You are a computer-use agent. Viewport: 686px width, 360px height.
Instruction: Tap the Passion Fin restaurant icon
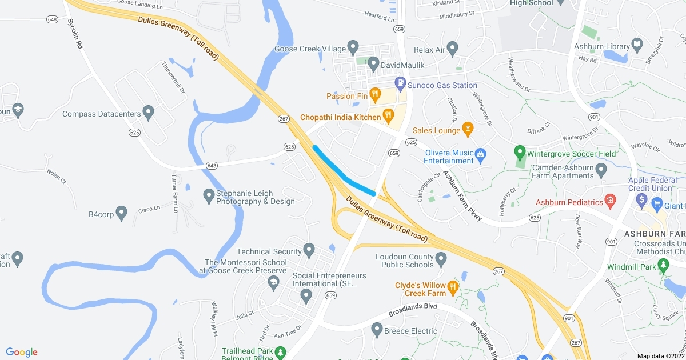(375, 94)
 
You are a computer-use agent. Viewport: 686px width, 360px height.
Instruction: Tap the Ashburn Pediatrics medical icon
(611, 201)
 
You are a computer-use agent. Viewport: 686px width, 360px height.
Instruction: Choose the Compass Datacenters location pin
(149, 113)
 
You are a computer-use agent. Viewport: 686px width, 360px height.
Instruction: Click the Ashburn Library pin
(636, 45)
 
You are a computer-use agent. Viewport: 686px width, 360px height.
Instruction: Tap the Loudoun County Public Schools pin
(441, 260)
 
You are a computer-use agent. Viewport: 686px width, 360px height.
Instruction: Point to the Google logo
(22, 352)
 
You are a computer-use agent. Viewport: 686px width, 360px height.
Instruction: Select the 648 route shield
(53, 19)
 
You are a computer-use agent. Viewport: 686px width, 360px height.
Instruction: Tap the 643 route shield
(212, 166)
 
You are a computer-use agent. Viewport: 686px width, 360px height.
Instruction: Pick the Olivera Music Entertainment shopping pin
(481, 154)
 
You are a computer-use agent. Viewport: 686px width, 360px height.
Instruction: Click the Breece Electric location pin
(377, 330)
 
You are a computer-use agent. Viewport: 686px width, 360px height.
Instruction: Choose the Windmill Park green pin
(663, 265)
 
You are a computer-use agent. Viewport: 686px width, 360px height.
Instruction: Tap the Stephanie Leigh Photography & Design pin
(209, 196)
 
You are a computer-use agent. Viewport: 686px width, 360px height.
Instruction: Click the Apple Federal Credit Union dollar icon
(641, 200)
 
